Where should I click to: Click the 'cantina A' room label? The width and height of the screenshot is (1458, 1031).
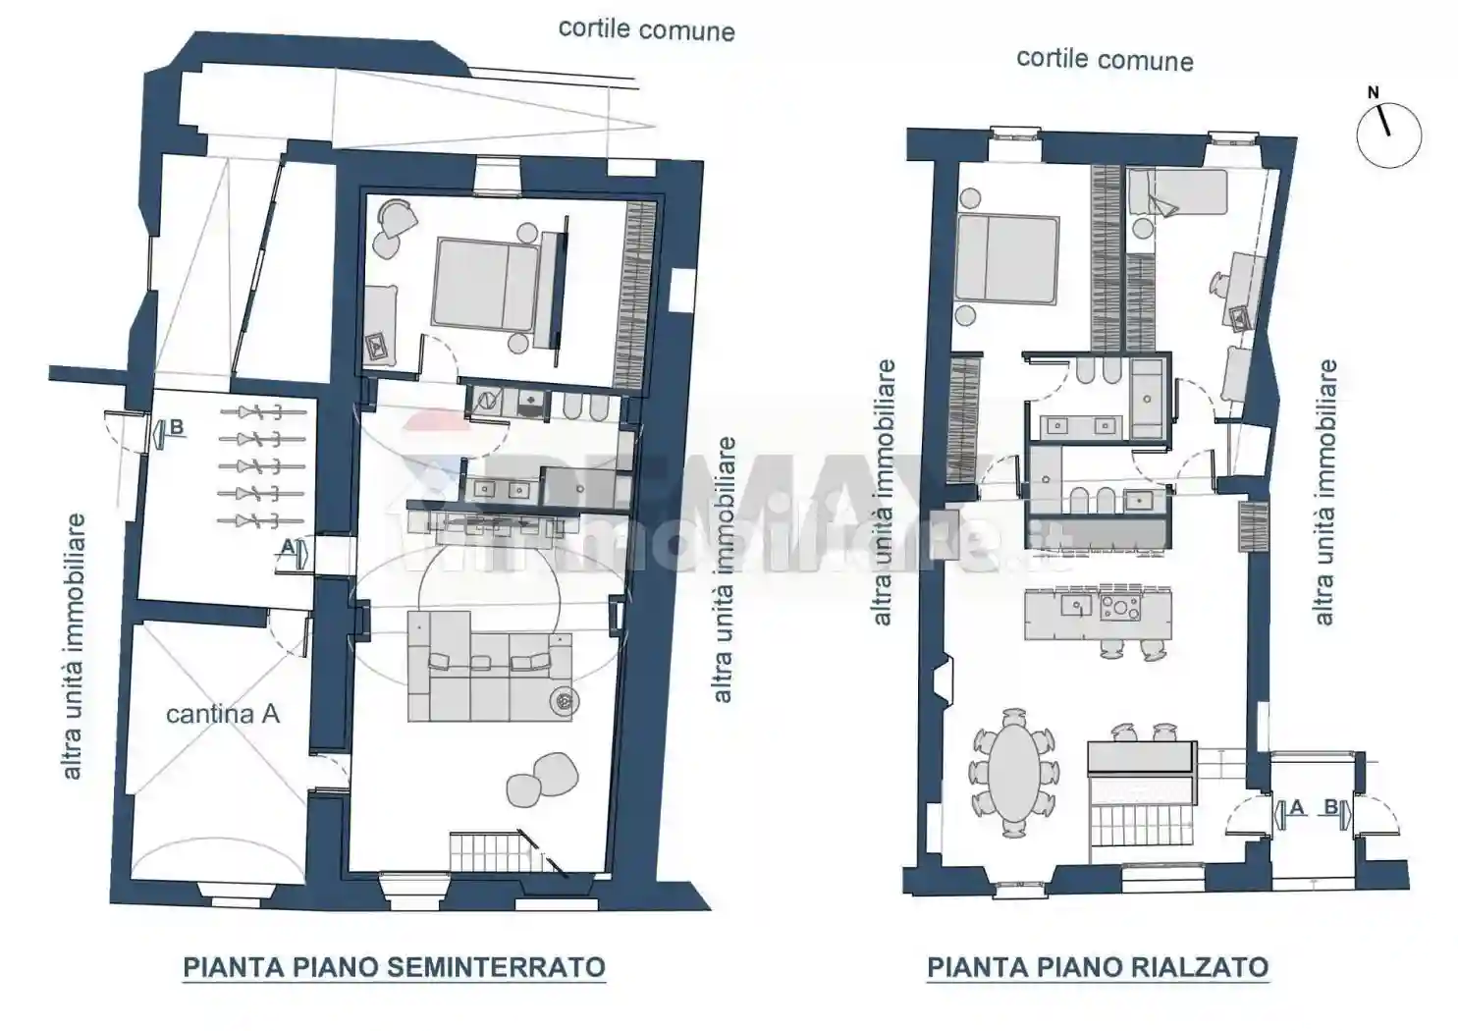coord(222,714)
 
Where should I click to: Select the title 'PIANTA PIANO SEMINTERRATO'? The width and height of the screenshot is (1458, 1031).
coord(394,967)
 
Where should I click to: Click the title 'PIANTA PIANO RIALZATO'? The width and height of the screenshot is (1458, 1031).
coord(1097,967)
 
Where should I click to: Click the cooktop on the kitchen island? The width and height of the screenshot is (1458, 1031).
coord(1119,609)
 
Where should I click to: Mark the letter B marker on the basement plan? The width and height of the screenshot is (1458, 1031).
coord(177,427)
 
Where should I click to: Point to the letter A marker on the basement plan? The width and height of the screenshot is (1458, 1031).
coord(287,545)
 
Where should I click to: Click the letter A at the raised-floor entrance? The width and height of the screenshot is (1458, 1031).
coord(1296,807)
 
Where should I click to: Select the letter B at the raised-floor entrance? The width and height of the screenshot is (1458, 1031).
coord(1330,807)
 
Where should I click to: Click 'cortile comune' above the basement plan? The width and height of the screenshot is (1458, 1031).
coord(646,29)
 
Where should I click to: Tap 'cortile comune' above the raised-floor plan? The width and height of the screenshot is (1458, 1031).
coord(1105,60)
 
